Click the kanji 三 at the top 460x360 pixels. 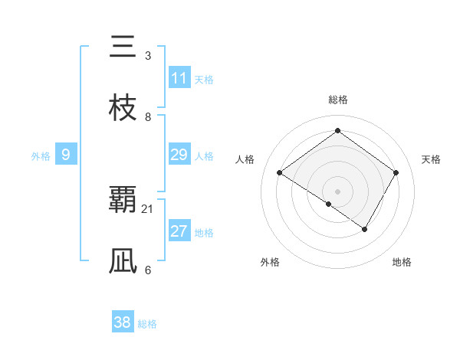pyautogui.click(x=122, y=47)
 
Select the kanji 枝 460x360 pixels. pyautogui.click(x=122, y=108)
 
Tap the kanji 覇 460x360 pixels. pyautogui.click(x=122, y=201)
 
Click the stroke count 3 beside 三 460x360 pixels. pyautogui.click(x=148, y=56)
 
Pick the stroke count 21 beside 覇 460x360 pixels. pyautogui.click(x=148, y=209)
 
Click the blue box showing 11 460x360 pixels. pyautogui.click(x=179, y=78)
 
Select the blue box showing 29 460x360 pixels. pyautogui.click(x=179, y=155)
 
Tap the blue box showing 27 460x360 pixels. pyautogui.click(x=179, y=231)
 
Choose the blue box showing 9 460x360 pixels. pyautogui.click(x=66, y=155)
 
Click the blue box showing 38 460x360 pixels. pyautogui.click(x=123, y=322)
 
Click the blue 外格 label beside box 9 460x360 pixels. pyautogui.click(x=41, y=156)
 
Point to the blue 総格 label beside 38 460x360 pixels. pyautogui.click(x=147, y=324)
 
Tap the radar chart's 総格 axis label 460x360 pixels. pyautogui.click(x=337, y=100)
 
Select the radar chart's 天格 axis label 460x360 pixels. pyautogui.click(x=431, y=159)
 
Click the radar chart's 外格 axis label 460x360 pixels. pyautogui.click(x=270, y=262)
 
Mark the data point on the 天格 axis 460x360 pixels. pyautogui.click(x=396, y=172)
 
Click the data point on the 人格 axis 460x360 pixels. pyautogui.click(x=280, y=172)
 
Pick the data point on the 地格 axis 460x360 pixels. pyautogui.click(x=365, y=229)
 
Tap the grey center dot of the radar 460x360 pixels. pyautogui.click(x=337, y=191)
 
